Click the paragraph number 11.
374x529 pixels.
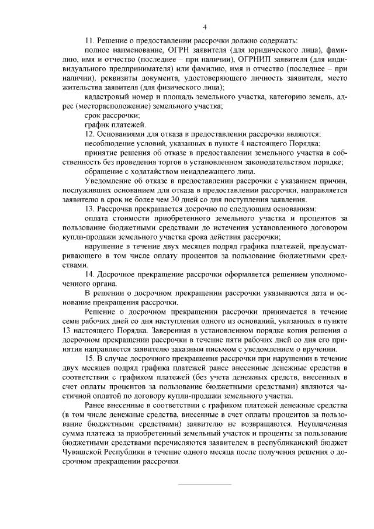(x=89, y=41)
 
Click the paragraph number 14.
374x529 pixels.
(x=89, y=274)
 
